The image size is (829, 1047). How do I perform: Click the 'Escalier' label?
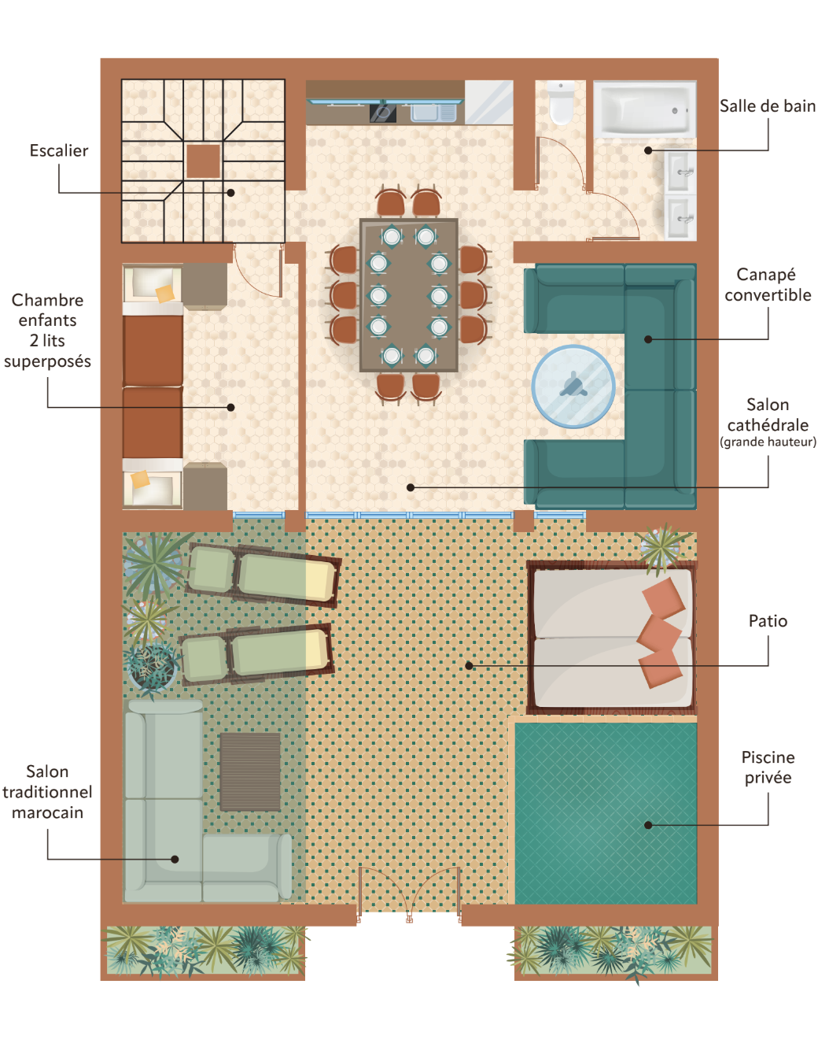coord(59,151)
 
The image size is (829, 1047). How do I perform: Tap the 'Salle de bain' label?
coord(767,106)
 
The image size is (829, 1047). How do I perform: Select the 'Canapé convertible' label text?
coord(767,285)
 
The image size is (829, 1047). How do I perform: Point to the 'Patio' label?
coord(768,621)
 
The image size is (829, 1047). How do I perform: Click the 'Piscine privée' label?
coord(768,768)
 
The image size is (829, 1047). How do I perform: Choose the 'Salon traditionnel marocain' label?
coord(47,792)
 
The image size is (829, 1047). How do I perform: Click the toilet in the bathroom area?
coord(561,102)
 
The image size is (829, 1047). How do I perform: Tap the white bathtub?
coord(645,109)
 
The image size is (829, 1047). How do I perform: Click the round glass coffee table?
coord(573,387)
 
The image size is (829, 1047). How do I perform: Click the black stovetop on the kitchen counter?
coord(383,113)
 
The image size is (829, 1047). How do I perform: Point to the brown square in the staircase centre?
coord(203,161)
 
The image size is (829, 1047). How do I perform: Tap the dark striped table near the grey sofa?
coord(250,772)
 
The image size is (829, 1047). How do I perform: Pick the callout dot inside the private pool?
coord(648,825)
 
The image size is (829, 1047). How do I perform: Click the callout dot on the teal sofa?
coord(648,339)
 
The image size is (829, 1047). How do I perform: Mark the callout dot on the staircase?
coord(231,193)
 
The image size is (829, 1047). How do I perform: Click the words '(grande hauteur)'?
coord(768,442)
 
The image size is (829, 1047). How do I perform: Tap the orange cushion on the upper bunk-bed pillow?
coord(164,294)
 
